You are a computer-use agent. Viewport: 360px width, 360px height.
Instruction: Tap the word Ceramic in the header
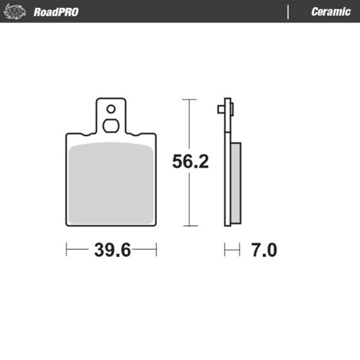pos(330,12)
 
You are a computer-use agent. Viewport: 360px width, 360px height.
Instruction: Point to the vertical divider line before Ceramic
pos(289,12)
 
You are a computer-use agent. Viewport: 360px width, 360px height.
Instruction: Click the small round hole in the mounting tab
pos(110,109)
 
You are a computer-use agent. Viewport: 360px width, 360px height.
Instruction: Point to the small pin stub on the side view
pos(220,109)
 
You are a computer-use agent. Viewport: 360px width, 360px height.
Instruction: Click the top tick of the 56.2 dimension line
pos(189,99)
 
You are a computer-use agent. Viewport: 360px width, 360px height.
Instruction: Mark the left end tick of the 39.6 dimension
pos(66,251)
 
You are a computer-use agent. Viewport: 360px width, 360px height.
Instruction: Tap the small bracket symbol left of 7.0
pos(231,251)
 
